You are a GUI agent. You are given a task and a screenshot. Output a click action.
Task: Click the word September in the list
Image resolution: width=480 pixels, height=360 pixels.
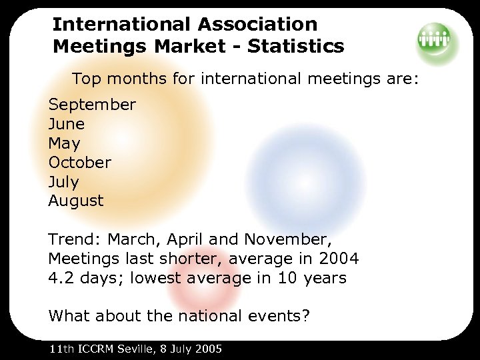[92, 105]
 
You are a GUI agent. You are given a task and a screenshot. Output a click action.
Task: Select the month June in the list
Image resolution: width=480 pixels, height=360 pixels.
[66, 124]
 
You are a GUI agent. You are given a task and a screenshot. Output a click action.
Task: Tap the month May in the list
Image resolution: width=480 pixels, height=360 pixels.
[64, 143]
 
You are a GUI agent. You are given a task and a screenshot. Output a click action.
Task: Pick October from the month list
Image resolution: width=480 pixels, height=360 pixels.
[79, 162]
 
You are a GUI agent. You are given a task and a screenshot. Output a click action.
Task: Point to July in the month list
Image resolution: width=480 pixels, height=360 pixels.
[63, 181]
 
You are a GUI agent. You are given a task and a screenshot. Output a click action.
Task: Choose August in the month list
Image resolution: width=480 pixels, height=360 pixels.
[76, 201]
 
